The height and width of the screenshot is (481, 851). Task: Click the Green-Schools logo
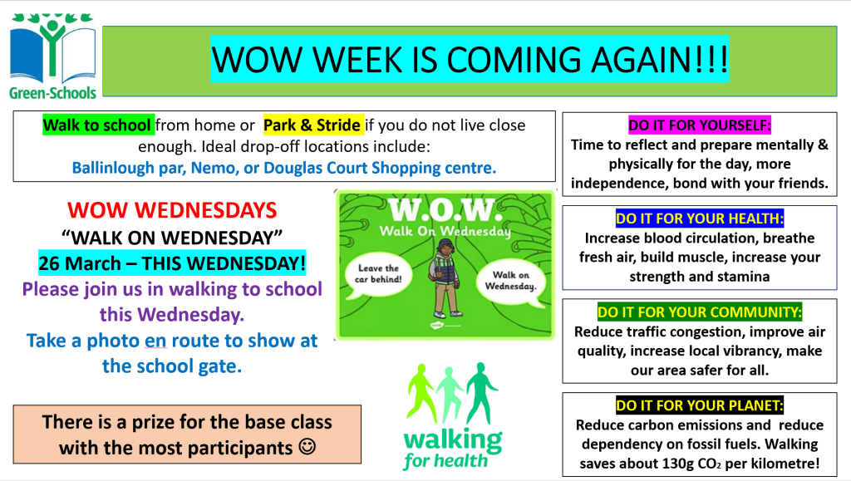pos(52,56)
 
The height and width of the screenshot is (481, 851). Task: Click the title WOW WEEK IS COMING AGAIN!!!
pos(470,59)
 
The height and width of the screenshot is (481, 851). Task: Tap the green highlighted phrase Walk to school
pos(97,125)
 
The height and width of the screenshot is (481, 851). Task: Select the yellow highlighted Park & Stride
pos(312,125)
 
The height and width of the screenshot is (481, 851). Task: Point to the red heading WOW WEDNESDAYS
pos(172,210)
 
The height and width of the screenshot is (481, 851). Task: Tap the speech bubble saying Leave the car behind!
pos(378,274)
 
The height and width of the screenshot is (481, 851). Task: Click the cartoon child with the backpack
pos(445,280)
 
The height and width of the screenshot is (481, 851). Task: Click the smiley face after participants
pos(307,448)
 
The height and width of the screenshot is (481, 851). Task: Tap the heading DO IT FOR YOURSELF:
pos(700,125)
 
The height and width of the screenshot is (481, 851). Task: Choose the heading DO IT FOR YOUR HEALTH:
pos(700,218)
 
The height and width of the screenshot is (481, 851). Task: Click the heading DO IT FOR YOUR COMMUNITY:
pos(700,312)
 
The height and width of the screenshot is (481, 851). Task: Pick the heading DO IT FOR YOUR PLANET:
pos(700,405)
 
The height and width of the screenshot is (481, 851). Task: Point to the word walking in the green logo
pos(453,439)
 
